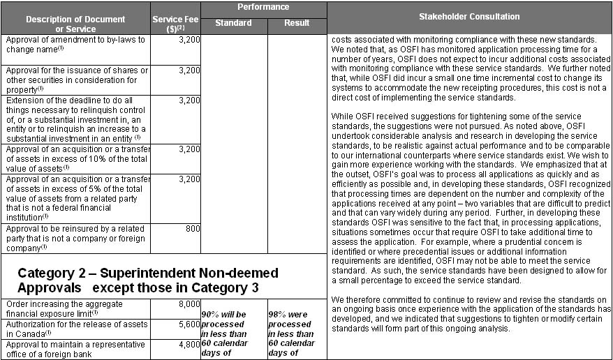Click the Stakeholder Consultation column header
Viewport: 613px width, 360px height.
click(469, 16)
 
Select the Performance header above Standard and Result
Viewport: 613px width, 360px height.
click(263, 7)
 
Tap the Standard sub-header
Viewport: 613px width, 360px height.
click(233, 23)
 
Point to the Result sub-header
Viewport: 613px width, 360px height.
click(297, 23)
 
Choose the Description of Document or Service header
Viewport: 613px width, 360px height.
click(75, 23)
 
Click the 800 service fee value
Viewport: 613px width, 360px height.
click(191, 228)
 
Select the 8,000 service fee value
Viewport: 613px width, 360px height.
click(189, 304)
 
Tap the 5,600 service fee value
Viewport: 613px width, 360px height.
click(189, 324)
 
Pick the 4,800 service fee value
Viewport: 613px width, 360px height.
click(189, 343)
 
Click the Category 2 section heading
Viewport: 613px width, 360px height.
click(147, 280)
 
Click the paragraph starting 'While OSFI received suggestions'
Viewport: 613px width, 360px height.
click(469, 197)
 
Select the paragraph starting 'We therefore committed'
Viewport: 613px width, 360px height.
click(469, 313)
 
